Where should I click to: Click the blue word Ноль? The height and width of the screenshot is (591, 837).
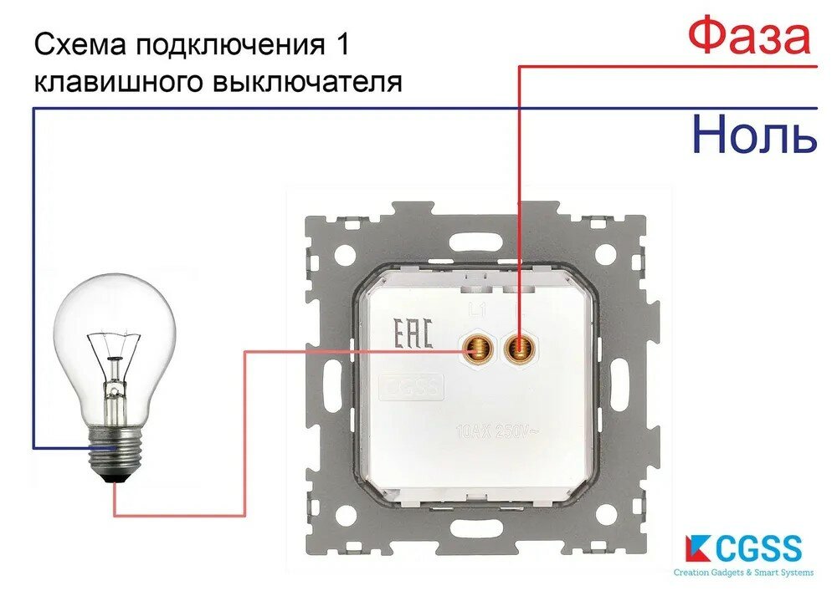[754, 135]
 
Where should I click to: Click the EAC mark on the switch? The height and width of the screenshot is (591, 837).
[413, 334]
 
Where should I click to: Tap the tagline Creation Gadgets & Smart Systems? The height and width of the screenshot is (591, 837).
[743, 573]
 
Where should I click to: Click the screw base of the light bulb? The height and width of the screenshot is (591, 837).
[114, 452]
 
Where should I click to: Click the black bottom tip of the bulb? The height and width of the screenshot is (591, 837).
[114, 479]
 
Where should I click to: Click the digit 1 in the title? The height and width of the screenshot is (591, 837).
[336, 46]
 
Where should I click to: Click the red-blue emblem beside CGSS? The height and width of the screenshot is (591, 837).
[693, 548]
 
